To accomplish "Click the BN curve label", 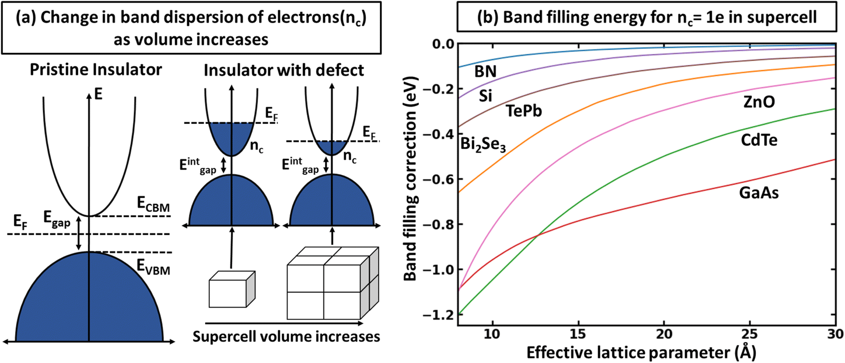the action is pos(485,72).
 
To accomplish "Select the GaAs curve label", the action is pos(759,193).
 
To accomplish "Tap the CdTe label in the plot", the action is pos(759,140).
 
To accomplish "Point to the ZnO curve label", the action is pos(759,102).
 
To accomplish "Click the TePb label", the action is pos(523,111).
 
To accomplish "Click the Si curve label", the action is pos(485,96).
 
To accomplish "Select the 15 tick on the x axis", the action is pos(578,334).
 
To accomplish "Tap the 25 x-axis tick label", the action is pos(750,334).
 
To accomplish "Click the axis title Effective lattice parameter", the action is pos(641,353).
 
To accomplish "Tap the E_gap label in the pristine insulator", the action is pos(57,218).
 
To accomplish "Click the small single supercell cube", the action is pos(232,289).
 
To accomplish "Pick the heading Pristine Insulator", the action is pos(96,70).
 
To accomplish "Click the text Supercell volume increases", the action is pos(286,336).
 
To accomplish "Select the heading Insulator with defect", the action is pos(284,70).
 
